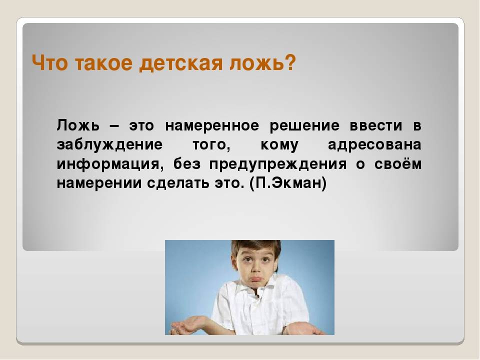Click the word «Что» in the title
[x=50, y=63]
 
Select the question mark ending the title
[x=289, y=63]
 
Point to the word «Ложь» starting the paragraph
[x=78, y=125]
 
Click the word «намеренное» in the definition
[x=212, y=126]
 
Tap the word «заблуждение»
[x=109, y=144]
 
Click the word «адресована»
[x=374, y=145]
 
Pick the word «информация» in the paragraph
[x=108, y=164]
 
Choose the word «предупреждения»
[x=278, y=164]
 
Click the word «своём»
[x=398, y=164]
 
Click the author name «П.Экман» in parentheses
[x=288, y=183]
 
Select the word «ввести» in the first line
[x=376, y=126]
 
